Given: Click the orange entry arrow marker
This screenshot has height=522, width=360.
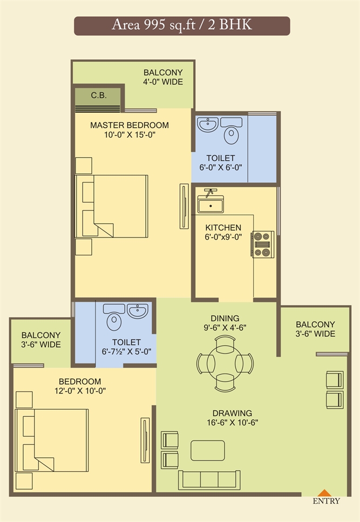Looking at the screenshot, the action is [x=324, y=493].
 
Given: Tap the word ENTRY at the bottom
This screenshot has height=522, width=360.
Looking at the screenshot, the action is [x=326, y=501].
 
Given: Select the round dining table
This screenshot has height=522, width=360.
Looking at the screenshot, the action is [x=225, y=363].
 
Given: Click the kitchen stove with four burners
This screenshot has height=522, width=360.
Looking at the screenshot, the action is [x=262, y=245].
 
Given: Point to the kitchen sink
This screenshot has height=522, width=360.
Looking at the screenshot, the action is [x=210, y=204].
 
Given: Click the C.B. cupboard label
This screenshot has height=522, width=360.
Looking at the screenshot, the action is [x=99, y=96].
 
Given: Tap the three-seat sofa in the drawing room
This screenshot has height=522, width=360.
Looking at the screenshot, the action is [x=209, y=480].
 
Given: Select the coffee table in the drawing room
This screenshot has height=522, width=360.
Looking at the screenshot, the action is [x=208, y=450].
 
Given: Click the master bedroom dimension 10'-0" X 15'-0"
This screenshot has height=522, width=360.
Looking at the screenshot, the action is [x=130, y=135].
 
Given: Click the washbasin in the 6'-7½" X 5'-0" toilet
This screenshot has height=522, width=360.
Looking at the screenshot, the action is [x=138, y=311].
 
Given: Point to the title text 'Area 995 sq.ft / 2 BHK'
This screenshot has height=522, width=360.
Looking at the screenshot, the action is [x=182, y=25].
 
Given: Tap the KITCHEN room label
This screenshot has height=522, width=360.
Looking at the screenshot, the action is [x=223, y=228].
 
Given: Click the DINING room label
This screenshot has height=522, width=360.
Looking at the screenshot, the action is [x=225, y=318].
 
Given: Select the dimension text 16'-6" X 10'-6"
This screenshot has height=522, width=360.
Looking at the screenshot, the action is [x=232, y=423].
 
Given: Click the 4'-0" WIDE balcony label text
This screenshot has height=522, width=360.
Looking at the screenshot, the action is [x=163, y=82].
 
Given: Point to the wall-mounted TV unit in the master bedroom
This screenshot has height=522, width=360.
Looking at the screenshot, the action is [x=184, y=206].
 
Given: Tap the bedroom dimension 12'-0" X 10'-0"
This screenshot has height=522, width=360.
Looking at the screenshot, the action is [x=80, y=391].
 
